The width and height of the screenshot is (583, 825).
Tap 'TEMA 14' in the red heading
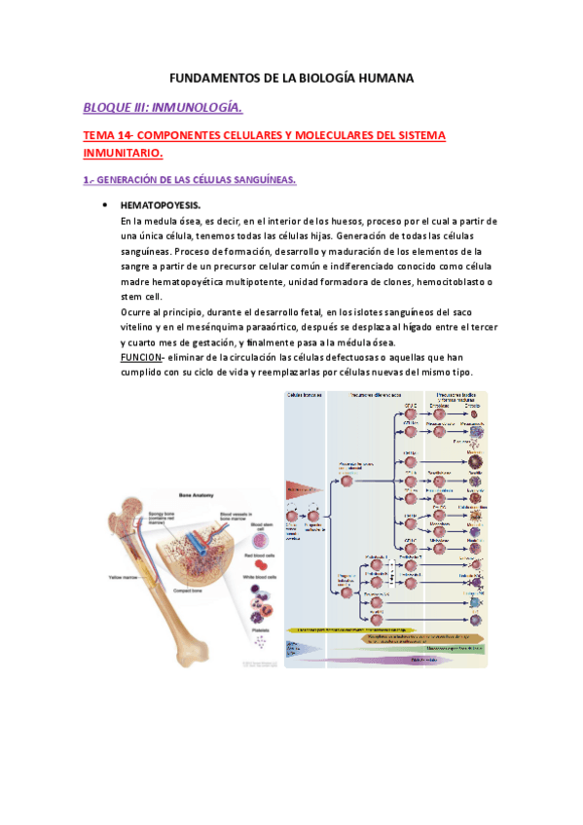click(110, 136)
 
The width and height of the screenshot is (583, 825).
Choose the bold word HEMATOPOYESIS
click(161, 206)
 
